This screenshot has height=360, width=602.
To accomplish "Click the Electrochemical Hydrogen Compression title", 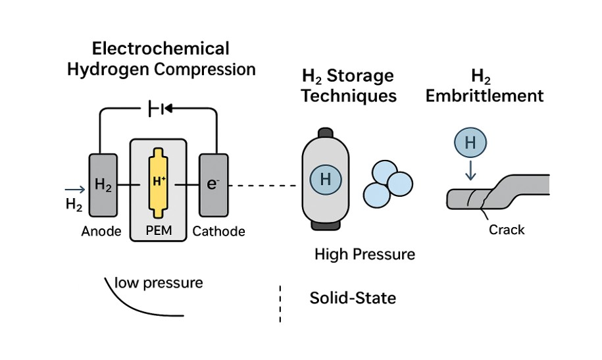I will click(161, 59).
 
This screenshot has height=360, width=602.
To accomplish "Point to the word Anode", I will click(102, 231).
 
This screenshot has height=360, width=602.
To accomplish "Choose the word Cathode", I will click(219, 231).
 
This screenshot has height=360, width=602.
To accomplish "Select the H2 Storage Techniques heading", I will click(349, 86).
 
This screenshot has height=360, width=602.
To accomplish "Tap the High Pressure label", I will click(365, 254).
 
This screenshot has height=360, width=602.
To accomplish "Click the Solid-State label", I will click(353, 298).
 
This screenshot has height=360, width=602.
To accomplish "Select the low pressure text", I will click(159, 284).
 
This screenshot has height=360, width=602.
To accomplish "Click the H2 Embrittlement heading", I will click(484, 86).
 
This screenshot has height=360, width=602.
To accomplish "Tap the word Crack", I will click(507, 230).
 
